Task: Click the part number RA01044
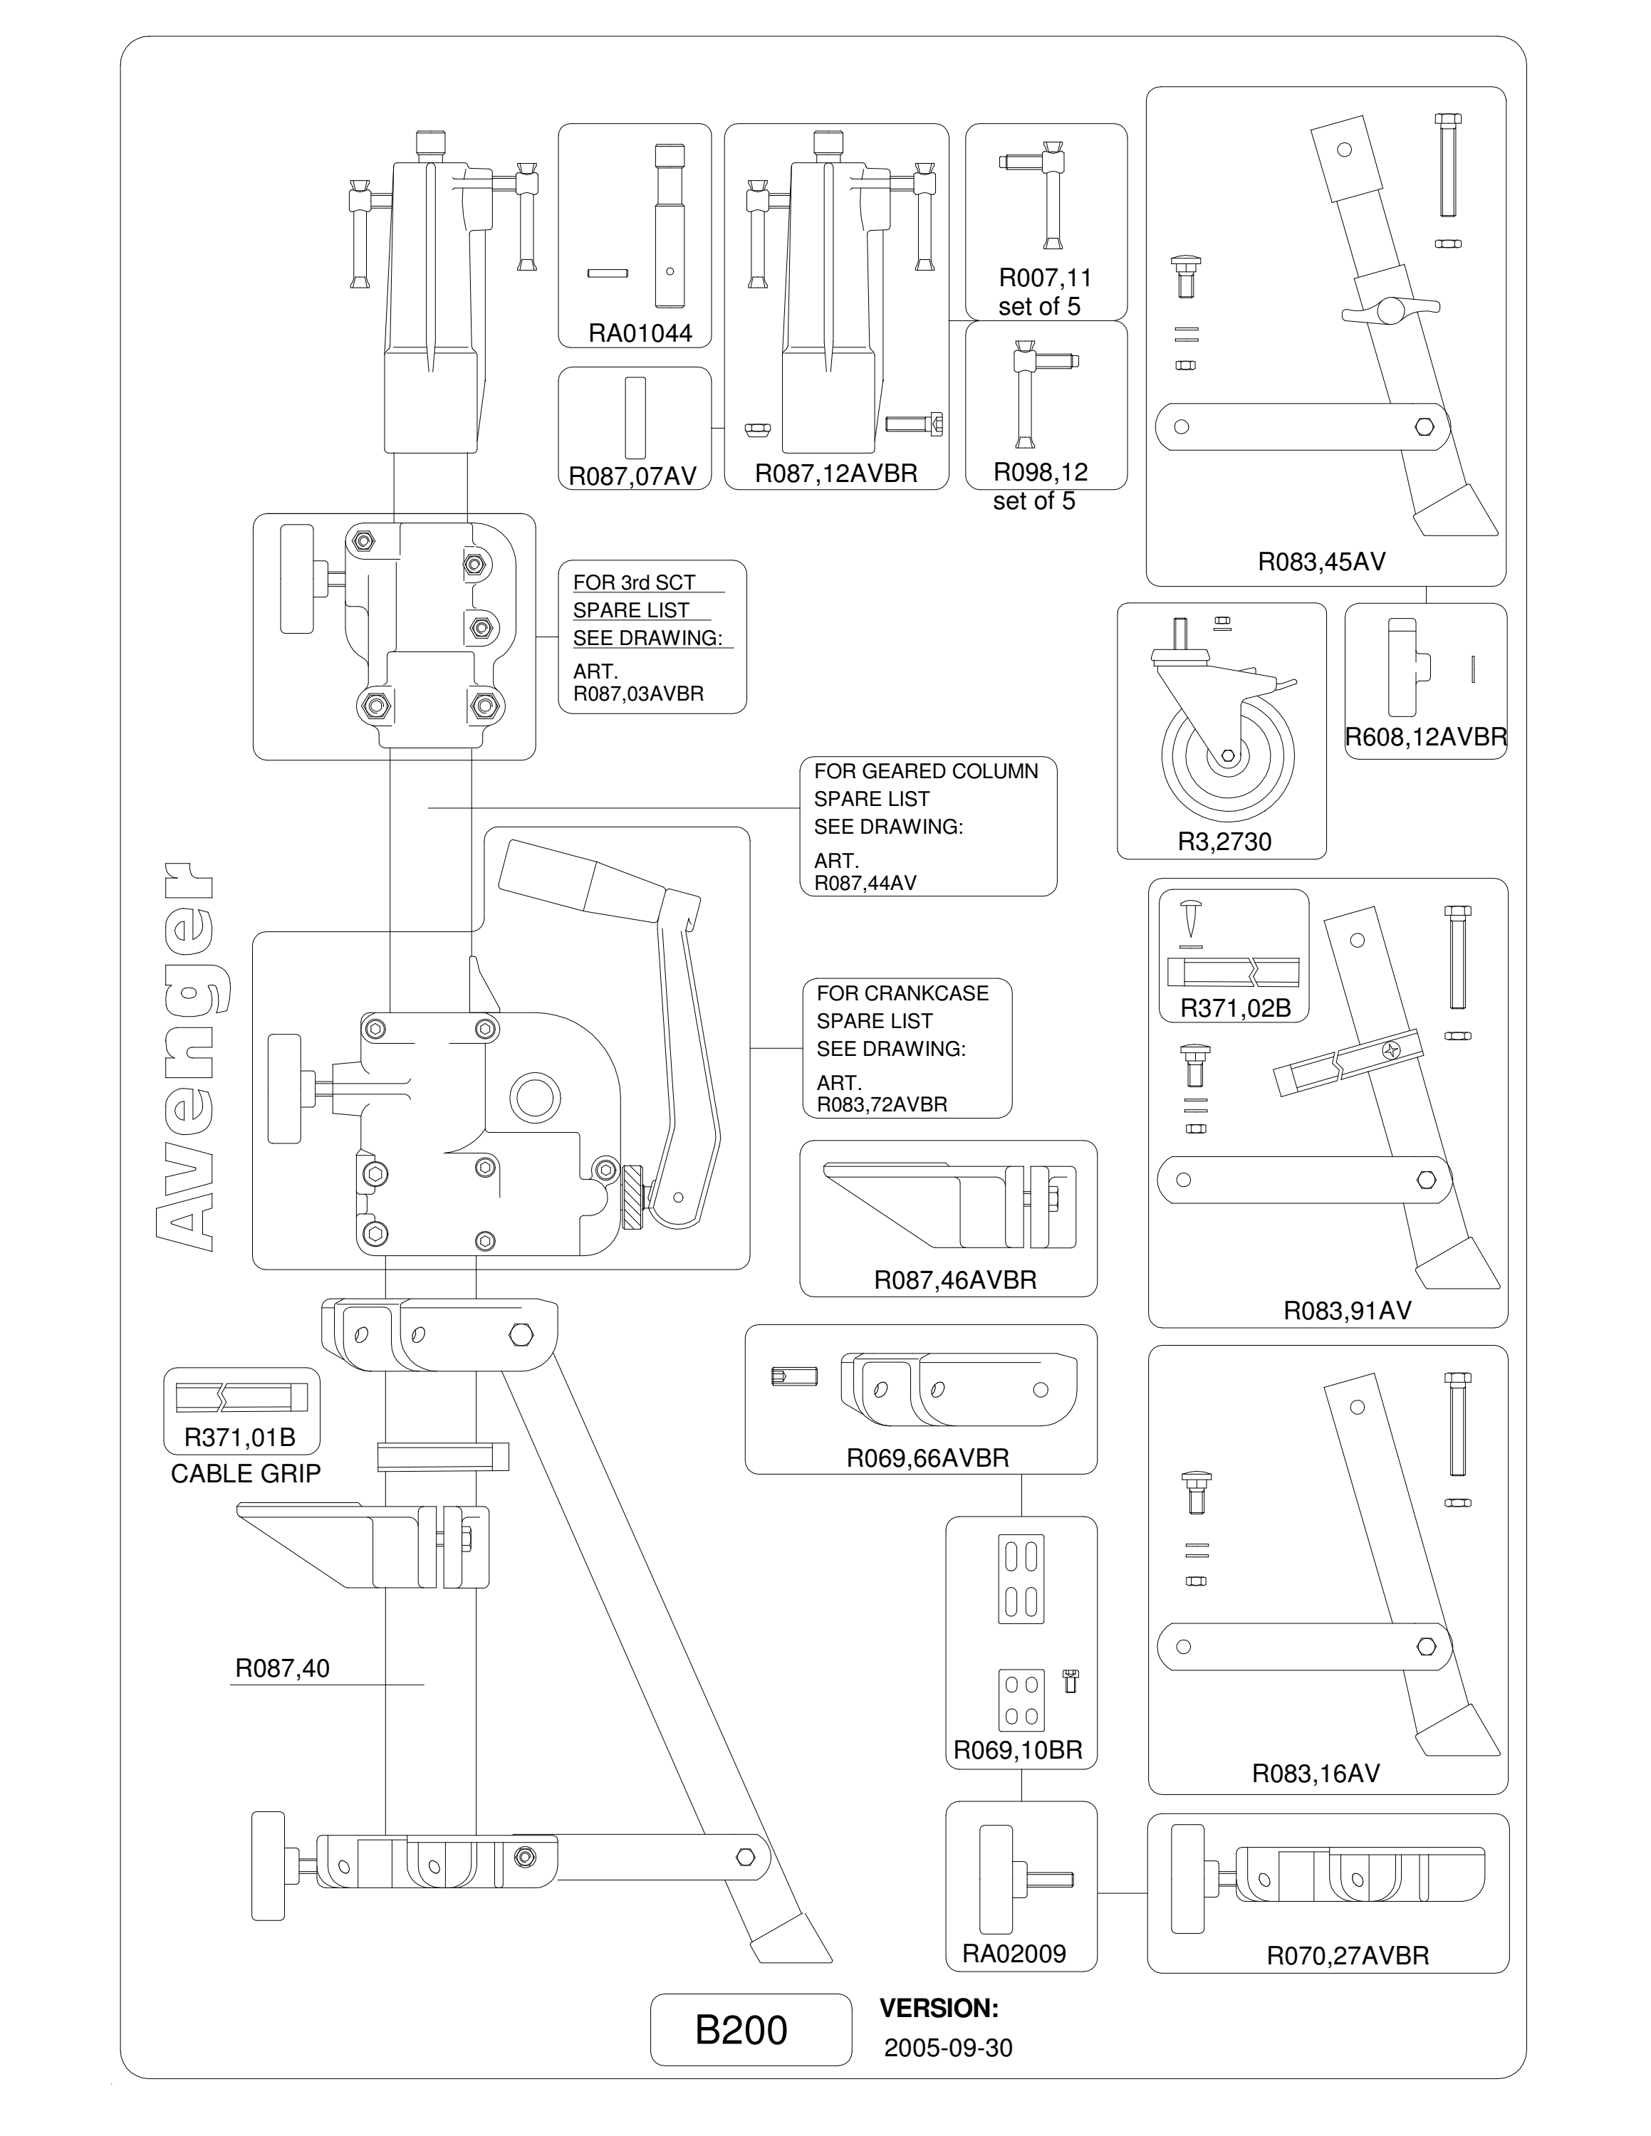coord(640,333)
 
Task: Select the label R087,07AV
coord(632,476)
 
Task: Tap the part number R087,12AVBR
coord(836,473)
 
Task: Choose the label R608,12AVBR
coord(1425,738)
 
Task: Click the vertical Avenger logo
coord(186,1057)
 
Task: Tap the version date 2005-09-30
coord(948,2048)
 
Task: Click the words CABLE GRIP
coord(246,1474)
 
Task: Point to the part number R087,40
coord(283,1668)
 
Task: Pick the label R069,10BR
coord(1019,1751)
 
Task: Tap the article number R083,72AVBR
coord(882,1104)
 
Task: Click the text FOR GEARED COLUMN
coord(926,772)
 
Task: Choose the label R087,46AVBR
coord(954,1280)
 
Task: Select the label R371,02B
coord(1235,1008)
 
